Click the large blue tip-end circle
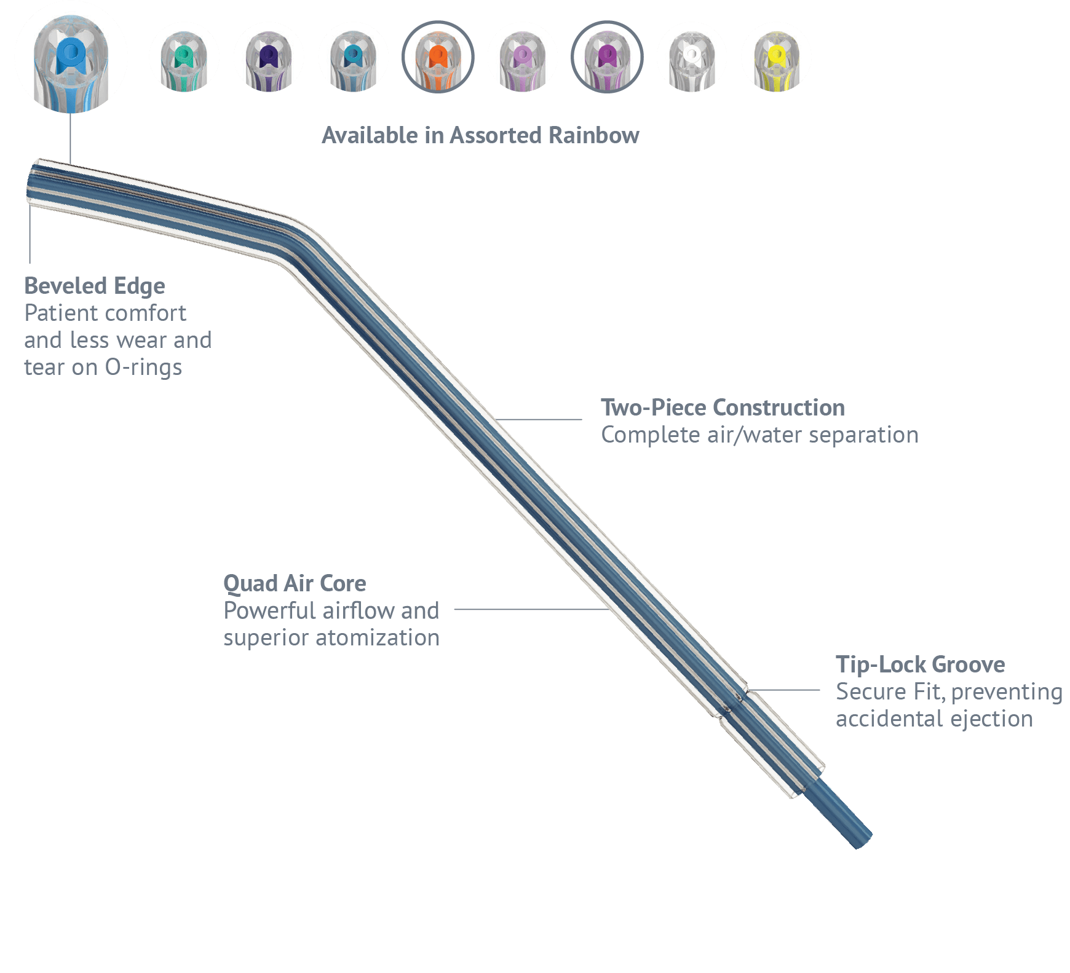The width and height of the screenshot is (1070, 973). coord(71,57)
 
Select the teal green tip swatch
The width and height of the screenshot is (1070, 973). coord(184,57)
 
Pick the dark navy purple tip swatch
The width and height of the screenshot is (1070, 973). coord(269,57)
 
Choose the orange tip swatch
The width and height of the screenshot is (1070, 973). coord(438,57)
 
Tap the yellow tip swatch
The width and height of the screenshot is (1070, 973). coord(776,57)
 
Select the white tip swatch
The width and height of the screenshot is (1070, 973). coord(692,57)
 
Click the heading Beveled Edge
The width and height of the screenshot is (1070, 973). coord(95,286)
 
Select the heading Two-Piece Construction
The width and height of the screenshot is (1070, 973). coord(723,408)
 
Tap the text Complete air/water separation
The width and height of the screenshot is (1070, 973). coord(759,435)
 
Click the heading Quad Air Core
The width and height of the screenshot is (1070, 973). coord(295,583)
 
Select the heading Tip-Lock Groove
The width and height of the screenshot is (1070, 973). coord(920,664)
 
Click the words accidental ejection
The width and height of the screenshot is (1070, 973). coord(934,719)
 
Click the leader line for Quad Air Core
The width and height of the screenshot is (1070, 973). coord(529,610)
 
